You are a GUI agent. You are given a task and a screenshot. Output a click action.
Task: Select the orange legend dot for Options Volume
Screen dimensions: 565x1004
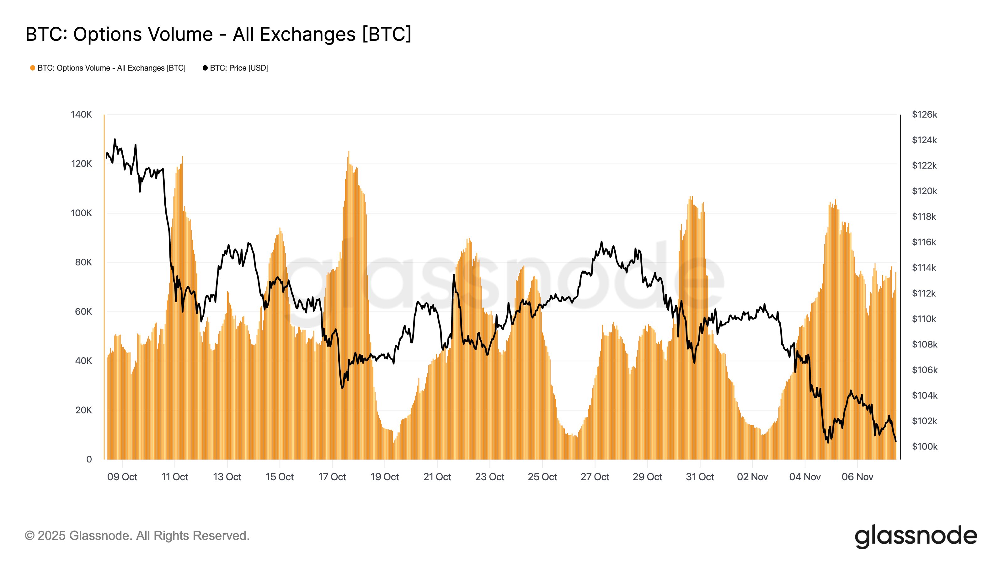33,68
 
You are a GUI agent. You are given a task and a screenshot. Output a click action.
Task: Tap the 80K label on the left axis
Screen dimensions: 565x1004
83,262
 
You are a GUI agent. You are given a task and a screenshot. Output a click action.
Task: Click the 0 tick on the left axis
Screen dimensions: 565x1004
89,459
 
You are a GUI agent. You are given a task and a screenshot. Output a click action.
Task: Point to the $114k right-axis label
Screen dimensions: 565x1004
924,268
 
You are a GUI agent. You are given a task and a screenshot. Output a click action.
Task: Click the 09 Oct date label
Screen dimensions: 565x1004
122,477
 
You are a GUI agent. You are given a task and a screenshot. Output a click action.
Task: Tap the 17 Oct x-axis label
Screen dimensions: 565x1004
332,477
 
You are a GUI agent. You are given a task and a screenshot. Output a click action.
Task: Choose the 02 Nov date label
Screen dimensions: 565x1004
752,477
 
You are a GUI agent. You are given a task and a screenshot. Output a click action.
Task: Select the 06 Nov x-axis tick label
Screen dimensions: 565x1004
857,477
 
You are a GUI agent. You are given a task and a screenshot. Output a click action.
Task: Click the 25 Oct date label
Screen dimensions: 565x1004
542,477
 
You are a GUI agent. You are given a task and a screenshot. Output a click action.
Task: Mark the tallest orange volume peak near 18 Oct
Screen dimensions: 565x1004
349,152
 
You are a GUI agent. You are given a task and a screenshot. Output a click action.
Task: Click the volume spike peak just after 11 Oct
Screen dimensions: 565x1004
182,157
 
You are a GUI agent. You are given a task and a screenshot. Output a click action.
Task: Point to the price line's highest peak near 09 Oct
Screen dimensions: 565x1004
115,139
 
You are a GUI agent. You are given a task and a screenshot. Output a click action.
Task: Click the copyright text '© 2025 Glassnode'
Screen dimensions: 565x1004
137,536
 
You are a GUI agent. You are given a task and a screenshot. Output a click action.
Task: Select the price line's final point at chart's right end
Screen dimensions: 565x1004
896,441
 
